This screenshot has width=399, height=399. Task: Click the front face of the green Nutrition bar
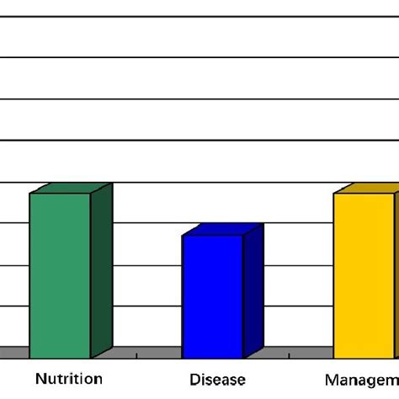coord(60,275)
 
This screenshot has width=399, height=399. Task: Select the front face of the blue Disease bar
coord(212,296)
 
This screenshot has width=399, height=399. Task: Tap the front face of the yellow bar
coord(364,275)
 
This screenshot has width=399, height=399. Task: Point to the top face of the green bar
coord(71,188)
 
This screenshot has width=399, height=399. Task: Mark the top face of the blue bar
coord(223,230)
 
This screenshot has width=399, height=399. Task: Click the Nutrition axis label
coord(68,379)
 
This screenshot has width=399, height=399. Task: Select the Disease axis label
coord(217,380)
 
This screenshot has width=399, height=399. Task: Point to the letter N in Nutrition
coord(40,379)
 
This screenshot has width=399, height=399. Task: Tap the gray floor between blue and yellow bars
coord(295,352)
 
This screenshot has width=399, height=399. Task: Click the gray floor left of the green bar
coord(14,352)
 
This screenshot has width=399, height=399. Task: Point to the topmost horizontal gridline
coord(199,16)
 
